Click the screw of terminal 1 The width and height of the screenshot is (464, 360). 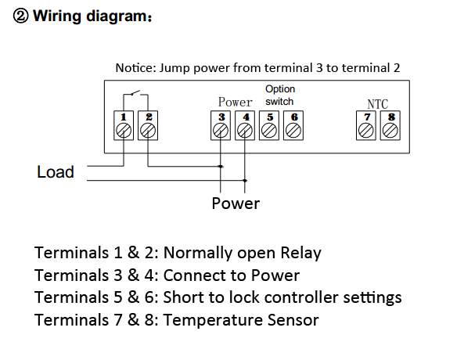(124, 131)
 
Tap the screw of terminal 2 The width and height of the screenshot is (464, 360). (148, 131)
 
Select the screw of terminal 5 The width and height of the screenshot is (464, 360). (269, 131)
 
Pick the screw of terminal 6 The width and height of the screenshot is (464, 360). (293, 131)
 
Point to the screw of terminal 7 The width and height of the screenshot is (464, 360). (366, 131)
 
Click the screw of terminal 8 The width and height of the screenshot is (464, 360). (390, 131)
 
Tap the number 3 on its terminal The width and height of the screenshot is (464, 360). (221, 117)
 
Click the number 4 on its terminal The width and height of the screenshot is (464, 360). (246, 117)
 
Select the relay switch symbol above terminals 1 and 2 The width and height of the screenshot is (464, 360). (136, 94)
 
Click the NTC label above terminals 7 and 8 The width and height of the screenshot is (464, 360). (378, 104)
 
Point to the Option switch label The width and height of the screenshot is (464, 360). (280, 95)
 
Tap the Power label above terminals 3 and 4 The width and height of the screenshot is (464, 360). (236, 103)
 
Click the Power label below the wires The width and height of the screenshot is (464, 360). (236, 203)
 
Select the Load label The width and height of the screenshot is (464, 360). (56, 172)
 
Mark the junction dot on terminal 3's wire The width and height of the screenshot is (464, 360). (221, 167)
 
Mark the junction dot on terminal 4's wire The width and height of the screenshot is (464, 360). (245, 180)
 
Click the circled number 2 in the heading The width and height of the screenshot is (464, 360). (20, 16)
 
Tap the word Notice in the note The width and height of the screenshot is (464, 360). (135, 68)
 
